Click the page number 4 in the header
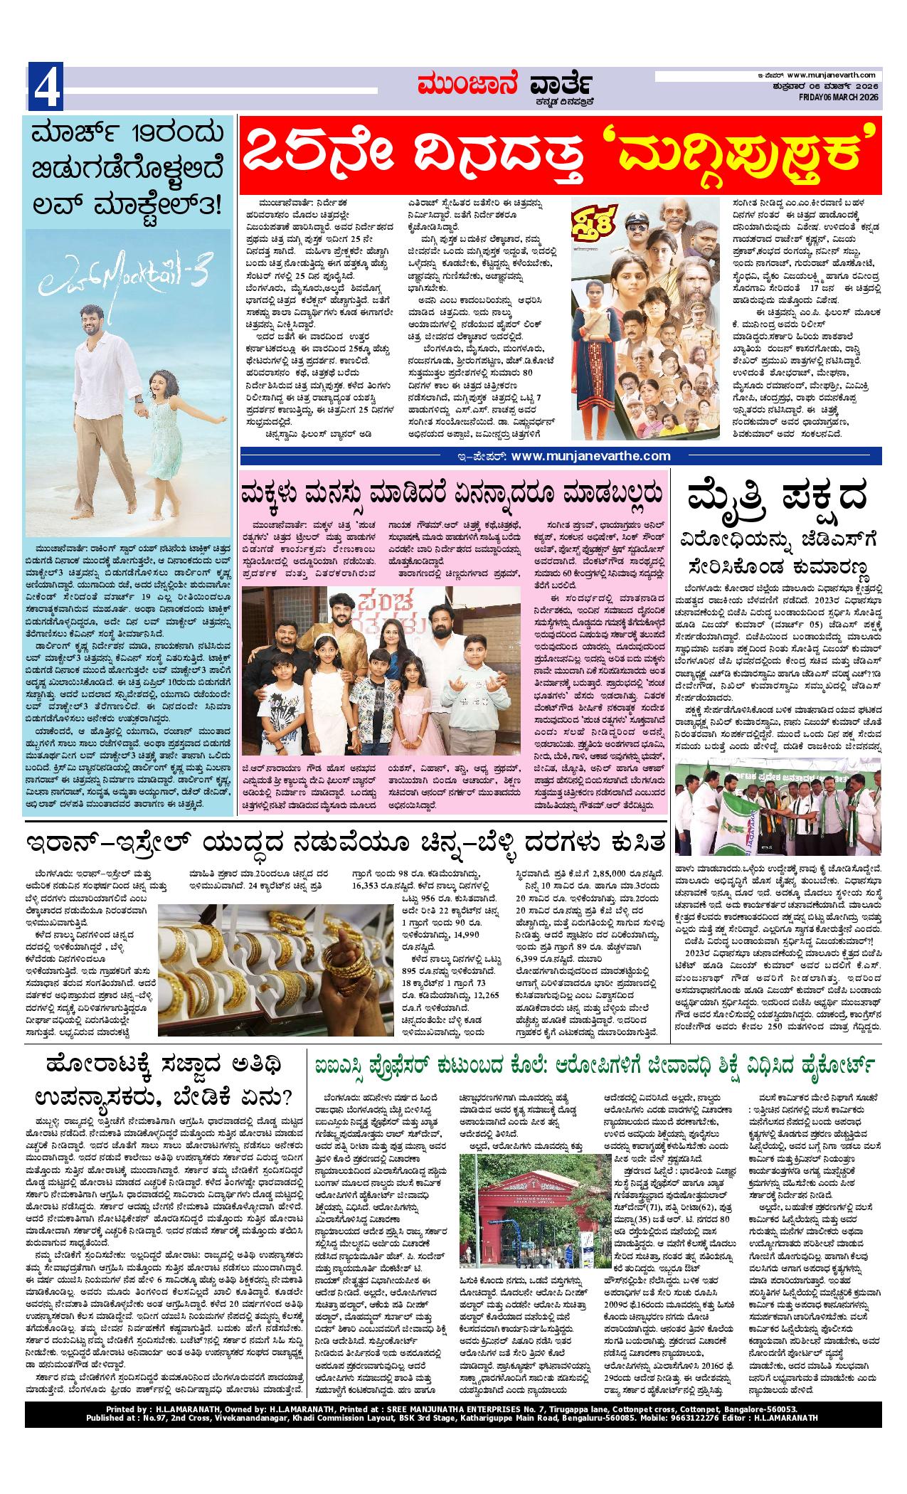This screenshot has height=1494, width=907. click(45, 88)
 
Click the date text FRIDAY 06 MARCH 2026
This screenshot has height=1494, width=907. click(839, 97)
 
